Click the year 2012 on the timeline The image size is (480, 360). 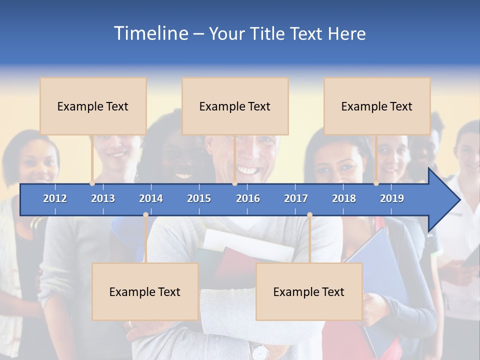55,198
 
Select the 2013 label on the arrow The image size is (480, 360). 103,198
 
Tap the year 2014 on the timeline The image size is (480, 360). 151,198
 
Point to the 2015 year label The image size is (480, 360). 199,198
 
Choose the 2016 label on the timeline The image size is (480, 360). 248,198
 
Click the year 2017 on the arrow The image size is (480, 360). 296,198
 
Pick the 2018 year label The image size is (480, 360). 344,198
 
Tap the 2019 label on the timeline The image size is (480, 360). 392,198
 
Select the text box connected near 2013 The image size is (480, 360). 93,106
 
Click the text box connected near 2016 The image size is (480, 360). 235,106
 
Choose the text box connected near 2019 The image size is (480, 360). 377,106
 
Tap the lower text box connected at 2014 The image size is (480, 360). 145,291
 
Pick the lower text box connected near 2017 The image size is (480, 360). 309,291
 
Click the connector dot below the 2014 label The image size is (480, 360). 145,215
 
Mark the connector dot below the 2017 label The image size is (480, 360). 309,215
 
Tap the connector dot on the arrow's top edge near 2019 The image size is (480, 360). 376,183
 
